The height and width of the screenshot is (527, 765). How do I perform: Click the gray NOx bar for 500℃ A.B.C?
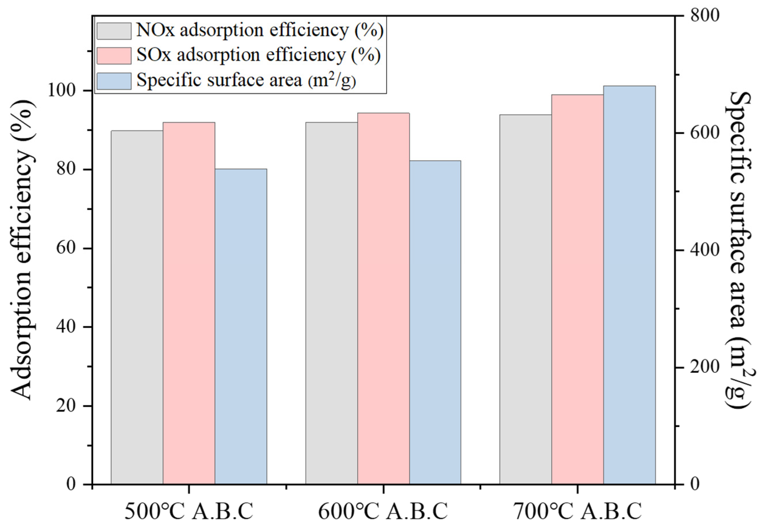pos(137,307)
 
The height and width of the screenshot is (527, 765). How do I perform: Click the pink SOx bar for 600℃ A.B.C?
pos(383,299)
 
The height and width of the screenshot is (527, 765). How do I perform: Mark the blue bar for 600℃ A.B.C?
pos(435,322)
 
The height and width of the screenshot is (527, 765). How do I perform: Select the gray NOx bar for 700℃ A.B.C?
pos(525,299)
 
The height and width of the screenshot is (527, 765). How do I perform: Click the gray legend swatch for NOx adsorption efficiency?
pos(114,31)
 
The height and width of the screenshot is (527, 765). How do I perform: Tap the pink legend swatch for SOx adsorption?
pos(114,55)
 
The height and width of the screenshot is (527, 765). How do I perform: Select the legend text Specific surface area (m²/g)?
pos(246,80)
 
